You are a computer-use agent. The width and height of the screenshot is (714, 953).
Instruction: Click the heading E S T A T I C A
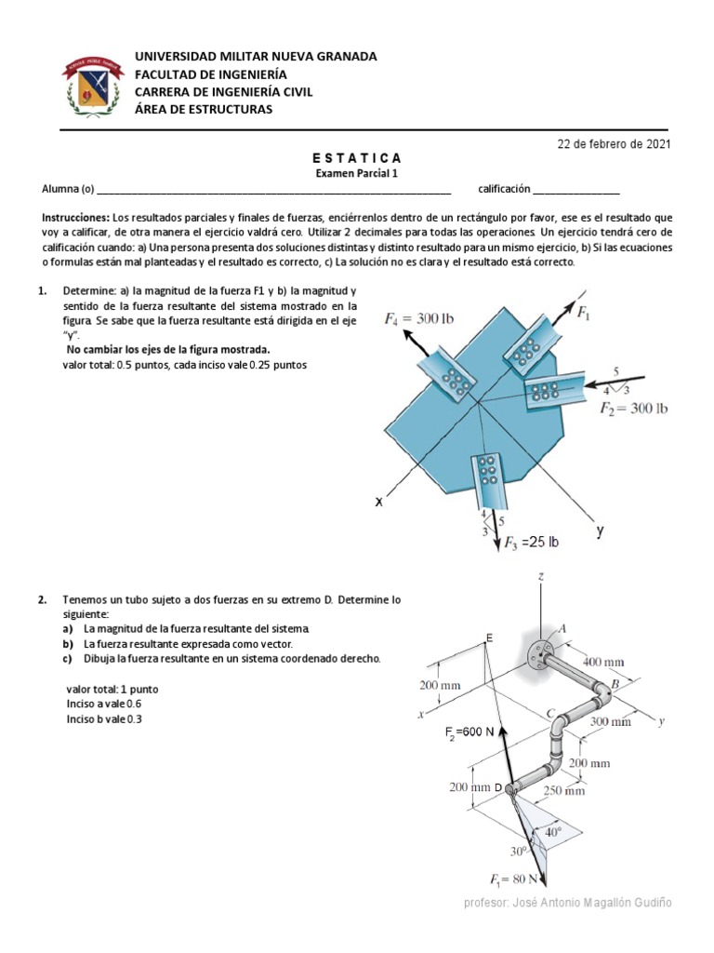click(x=357, y=158)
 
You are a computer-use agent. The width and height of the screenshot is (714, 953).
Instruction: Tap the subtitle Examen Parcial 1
click(x=357, y=173)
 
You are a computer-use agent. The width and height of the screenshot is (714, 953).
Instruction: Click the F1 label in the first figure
click(x=584, y=314)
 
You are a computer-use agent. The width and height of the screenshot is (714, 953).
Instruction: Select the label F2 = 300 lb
click(x=634, y=408)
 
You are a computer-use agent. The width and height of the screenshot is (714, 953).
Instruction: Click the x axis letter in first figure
click(x=379, y=502)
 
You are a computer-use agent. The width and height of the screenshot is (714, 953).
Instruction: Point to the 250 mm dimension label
click(x=562, y=791)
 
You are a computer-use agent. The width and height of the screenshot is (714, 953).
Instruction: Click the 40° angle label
click(x=554, y=833)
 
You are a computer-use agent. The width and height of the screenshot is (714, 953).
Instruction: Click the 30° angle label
click(x=518, y=851)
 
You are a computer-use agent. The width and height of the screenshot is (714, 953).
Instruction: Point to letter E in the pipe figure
click(x=489, y=638)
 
